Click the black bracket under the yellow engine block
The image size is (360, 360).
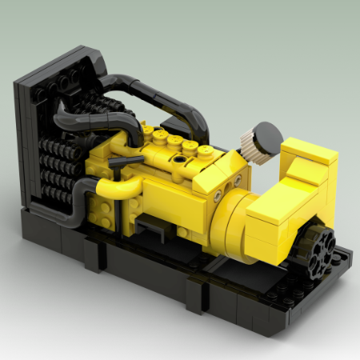tap(149, 227)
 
